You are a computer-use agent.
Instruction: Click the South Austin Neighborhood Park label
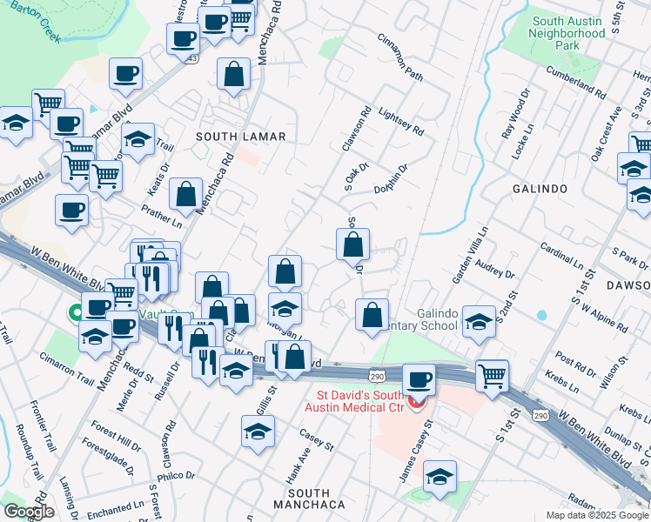pos(568,33)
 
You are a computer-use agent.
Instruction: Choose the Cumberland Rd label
pos(576,80)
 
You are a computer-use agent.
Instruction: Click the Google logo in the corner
pos(29,512)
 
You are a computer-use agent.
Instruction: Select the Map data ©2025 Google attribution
pos(597,515)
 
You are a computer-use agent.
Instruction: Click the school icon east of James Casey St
pos(440,478)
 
